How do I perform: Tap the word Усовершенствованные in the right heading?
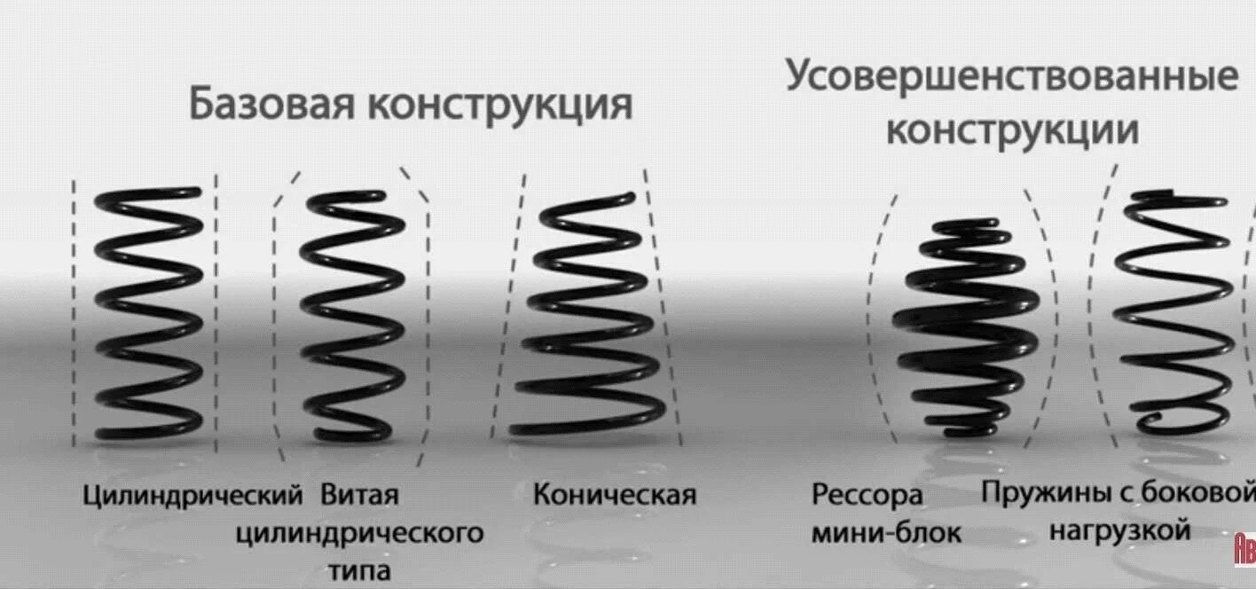coord(1011,76)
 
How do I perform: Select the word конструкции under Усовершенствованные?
coord(1012,131)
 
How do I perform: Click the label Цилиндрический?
coord(193,494)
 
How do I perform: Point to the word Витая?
coord(359,494)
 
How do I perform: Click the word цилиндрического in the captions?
coord(359,533)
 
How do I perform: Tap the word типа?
coord(359,570)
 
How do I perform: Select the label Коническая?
coord(614,494)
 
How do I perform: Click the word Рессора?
coord(867,495)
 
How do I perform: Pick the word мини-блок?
coord(886,533)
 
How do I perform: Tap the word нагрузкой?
coord(1119,530)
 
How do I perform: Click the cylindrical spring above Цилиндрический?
coord(148,314)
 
